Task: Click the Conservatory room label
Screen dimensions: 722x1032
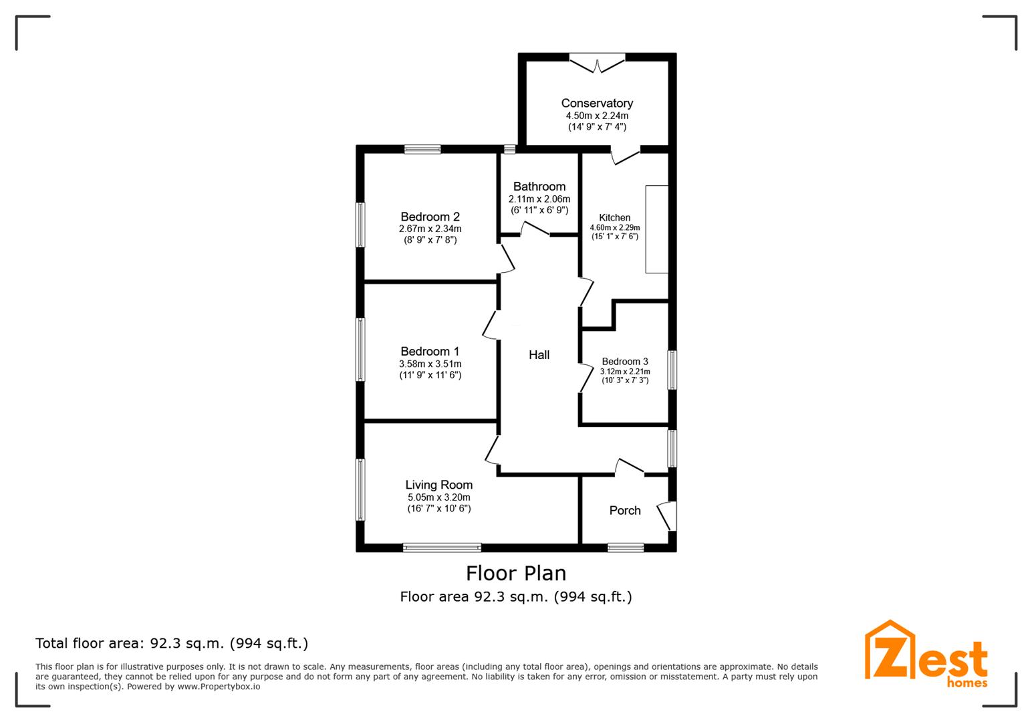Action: tap(597, 103)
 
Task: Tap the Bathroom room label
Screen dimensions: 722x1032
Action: tap(539, 187)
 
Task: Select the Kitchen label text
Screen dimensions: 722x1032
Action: tap(614, 217)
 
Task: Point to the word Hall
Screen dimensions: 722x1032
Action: tap(539, 355)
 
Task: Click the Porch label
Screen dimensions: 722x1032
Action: tap(625, 511)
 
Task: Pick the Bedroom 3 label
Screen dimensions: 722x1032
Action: tap(625, 362)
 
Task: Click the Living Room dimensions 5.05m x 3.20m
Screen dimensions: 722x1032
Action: tap(439, 497)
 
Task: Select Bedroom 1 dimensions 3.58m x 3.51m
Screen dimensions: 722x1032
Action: tap(430, 364)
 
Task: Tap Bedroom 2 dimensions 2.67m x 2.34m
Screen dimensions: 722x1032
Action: tap(430, 229)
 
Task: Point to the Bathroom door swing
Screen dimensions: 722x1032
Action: tap(535, 229)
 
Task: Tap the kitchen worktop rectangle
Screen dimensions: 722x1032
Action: tap(656, 229)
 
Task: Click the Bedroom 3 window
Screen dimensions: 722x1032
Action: tap(672, 370)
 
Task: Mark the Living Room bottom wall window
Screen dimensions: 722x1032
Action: tap(442, 548)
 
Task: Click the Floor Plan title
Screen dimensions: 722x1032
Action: tap(516, 574)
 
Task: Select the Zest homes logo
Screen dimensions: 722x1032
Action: tap(926, 654)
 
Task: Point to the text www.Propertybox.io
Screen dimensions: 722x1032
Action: tap(219, 687)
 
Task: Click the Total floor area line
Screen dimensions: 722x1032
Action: tap(172, 644)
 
